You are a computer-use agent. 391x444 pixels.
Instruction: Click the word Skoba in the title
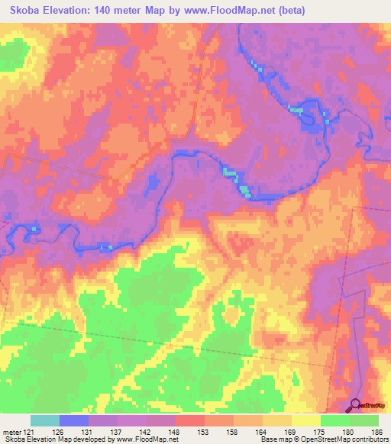[x=25, y=10]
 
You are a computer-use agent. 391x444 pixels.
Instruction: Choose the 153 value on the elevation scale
[x=205, y=431]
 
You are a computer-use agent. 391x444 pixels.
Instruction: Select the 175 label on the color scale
[x=320, y=431]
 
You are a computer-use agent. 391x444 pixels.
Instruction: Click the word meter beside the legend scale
[x=11, y=431]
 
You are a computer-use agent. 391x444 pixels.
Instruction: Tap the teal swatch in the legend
[x=45, y=420]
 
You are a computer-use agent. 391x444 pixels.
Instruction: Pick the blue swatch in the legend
[x=74, y=420]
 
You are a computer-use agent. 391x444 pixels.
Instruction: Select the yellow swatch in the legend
[x=305, y=420]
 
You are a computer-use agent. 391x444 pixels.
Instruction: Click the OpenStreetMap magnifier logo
[x=356, y=405]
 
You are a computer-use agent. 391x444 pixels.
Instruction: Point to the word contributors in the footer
[x=370, y=439]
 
